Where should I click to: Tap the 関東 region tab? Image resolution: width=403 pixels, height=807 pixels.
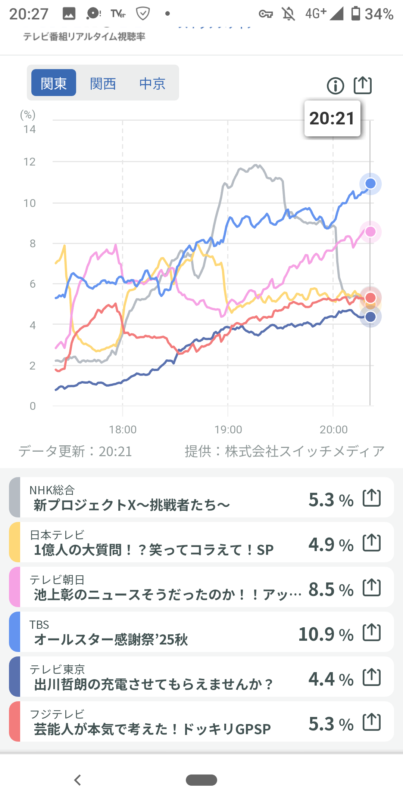tap(54, 83)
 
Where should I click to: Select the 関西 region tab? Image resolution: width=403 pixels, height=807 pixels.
tap(103, 83)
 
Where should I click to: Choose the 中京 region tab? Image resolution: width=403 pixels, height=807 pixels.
tap(152, 83)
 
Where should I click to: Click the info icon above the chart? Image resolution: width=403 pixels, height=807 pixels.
tap(335, 86)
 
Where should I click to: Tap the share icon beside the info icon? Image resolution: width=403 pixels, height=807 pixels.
tap(363, 85)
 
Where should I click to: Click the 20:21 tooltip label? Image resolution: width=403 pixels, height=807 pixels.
tap(332, 118)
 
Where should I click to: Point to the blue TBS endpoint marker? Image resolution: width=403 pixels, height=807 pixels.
tap(370, 183)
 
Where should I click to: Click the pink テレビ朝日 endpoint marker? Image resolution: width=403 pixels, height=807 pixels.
tap(370, 232)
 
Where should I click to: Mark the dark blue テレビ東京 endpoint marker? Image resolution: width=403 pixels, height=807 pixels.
tap(370, 317)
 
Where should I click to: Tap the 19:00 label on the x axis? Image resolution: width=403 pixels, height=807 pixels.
tap(228, 430)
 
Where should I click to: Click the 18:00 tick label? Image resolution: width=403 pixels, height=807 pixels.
tap(123, 430)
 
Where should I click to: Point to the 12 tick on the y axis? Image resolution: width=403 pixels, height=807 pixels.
tap(29, 162)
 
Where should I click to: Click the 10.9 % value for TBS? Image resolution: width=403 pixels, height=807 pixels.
tap(326, 634)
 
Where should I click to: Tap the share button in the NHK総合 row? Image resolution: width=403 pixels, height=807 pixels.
tap(372, 498)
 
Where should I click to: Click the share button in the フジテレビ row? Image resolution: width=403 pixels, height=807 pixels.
tap(372, 722)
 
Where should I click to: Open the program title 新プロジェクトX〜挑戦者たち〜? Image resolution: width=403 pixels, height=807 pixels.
tap(132, 505)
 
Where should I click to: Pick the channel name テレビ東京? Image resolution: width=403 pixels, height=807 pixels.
tap(57, 669)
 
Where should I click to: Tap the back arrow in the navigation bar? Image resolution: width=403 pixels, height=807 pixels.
tap(78, 780)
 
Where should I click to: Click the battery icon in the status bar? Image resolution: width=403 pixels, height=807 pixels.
tap(356, 13)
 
